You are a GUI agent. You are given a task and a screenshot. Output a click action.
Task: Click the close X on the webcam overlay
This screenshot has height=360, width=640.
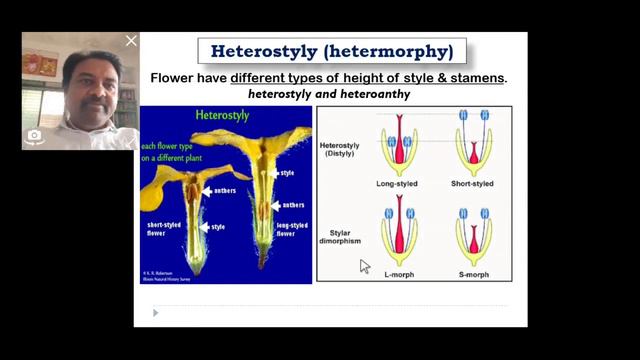(x=131, y=41)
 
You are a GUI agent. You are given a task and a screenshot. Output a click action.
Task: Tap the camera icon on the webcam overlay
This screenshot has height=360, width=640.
(x=34, y=134)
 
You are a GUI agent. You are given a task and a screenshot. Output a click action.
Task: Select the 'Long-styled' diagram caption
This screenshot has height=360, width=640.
(x=399, y=184)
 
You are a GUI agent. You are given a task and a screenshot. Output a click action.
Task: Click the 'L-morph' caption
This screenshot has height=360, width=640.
(x=399, y=273)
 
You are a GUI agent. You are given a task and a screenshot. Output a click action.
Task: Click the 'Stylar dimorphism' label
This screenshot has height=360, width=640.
(x=341, y=236)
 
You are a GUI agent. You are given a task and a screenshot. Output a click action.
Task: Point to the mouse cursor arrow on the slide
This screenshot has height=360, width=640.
(x=365, y=266)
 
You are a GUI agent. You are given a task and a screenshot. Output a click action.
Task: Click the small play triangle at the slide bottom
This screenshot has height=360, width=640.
(x=155, y=313)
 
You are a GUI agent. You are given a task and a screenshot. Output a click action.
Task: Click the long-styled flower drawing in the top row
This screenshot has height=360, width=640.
(x=399, y=144)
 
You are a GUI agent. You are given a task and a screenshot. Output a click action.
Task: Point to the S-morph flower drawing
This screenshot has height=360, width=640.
(x=473, y=234)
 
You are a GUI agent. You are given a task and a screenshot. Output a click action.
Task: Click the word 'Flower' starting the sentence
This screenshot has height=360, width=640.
(x=172, y=77)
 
